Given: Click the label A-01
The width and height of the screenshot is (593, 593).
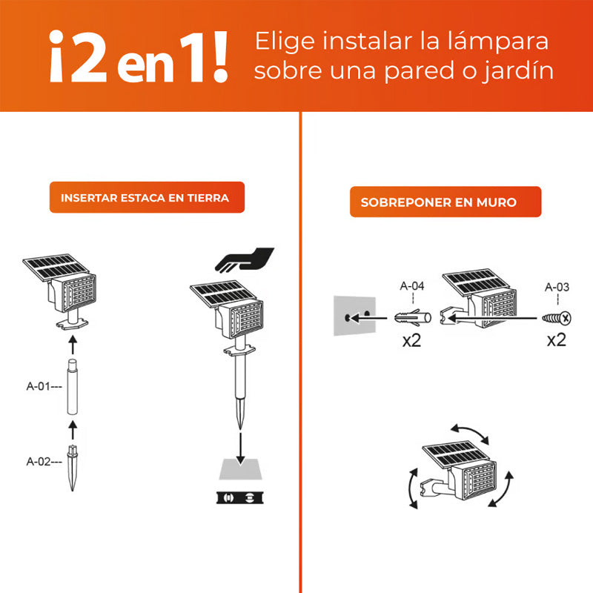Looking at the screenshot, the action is pyautogui.click(x=39, y=386).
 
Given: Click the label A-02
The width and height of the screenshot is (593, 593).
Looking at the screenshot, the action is pyautogui.click(x=39, y=461).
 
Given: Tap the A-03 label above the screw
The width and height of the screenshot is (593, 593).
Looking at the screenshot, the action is pyautogui.click(x=557, y=287).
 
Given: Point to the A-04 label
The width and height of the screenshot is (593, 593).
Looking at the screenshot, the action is pyautogui.click(x=412, y=286).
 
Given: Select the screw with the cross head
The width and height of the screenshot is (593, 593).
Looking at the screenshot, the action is pyautogui.click(x=557, y=319).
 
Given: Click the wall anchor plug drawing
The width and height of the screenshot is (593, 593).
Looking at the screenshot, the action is pyautogui.click(x=413, y=318).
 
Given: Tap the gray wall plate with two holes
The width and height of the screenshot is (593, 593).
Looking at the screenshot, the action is pyautogui.click(x=354, y=316).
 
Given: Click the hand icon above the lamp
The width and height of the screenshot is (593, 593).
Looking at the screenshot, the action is pyautogui.click(x=245, y=260).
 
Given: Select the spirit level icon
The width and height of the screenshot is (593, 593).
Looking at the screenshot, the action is pyautogui.click(x=239, y=498).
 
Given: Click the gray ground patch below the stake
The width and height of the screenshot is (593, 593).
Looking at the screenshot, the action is pyautogui.click(x=240, y=469).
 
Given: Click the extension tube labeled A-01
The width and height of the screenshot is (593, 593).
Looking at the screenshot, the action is pyautogui.click(x=72, y=387).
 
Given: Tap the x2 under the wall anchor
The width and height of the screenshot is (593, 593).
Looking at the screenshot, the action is pyautogui.click(x=411, y=340).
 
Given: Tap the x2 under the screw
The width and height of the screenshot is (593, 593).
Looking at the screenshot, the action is pyautogui.click(x=557, y=340).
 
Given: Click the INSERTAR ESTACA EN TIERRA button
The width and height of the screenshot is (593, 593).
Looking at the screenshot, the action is pyautogui.click(x=147, y=197).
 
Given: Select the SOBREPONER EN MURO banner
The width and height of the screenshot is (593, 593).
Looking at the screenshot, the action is pyautogui.click(x=445, y=202).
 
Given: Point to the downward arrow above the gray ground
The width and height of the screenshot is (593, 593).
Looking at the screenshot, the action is pyautogui.click(x=240, y=449).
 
